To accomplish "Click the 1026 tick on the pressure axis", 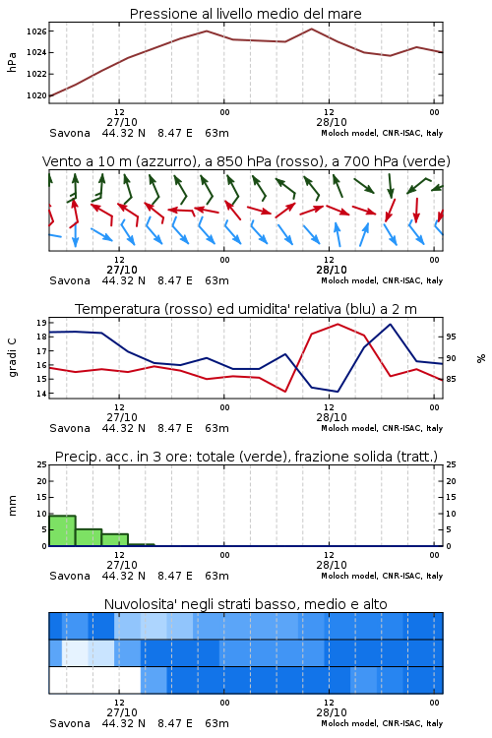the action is (x=36, y=31).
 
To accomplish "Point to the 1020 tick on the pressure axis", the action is (x=36, y=95).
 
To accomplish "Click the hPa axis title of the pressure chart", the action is (x=12, y=62).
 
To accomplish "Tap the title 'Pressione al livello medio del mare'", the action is (x=246, y=14).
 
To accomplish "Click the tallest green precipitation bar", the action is (x=62, y=531).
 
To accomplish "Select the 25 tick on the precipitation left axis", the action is (x=42, y=464).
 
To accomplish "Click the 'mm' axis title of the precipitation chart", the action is (x=12, y=506).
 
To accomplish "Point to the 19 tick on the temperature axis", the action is (x=42, y=323).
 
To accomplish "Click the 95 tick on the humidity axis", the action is (x=451, y=337).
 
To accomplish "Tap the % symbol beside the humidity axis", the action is (x=481, y=358).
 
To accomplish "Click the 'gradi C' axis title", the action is (x=12, y=358).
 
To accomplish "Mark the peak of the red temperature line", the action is (x=338, y=324).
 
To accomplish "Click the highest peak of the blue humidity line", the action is (x=390, y=324).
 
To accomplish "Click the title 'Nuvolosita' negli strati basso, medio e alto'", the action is (x=246, y=604).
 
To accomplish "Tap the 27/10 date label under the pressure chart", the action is (x=122, y=122).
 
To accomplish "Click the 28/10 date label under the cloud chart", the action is (x=332, y=712).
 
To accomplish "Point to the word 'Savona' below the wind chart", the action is (x=70, y=280).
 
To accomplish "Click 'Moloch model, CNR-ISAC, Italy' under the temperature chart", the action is (x=382, y=428).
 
